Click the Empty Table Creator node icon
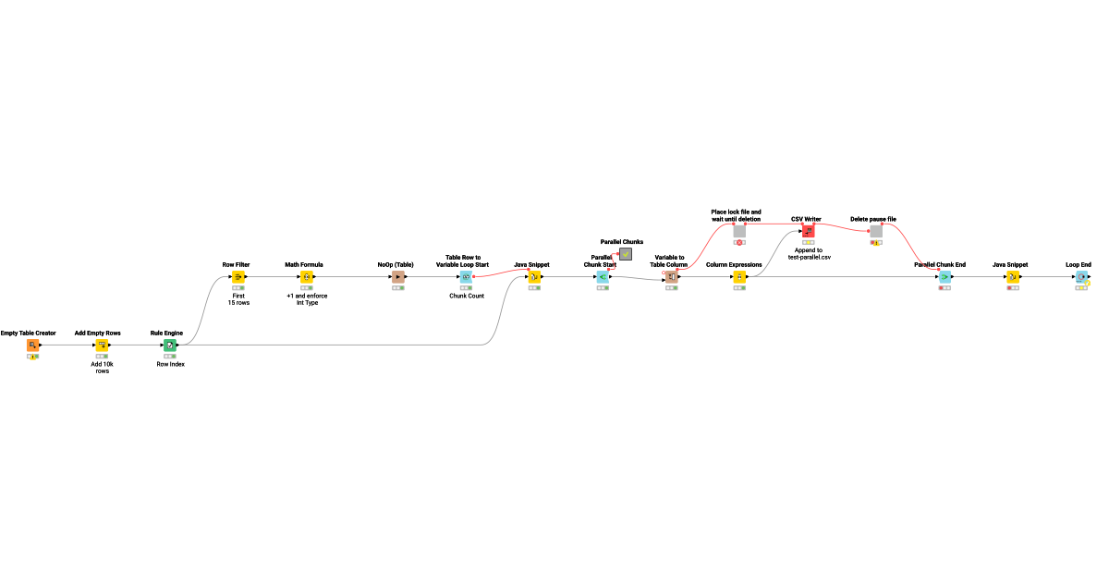32,345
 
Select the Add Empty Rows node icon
102,345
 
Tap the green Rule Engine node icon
170,345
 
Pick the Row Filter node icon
238,276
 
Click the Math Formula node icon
307,276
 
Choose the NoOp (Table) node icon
398,276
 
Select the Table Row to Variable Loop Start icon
466,276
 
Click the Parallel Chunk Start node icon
603,276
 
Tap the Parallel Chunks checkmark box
626,254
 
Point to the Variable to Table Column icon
671,276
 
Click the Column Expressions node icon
739,276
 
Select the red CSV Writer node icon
808,231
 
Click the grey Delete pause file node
876,231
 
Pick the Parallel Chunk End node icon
944,276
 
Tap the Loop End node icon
1081,276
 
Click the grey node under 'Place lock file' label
739,231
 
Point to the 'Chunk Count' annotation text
467,296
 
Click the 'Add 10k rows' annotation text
102,368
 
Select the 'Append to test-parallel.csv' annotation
809,254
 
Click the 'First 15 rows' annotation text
238,299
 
